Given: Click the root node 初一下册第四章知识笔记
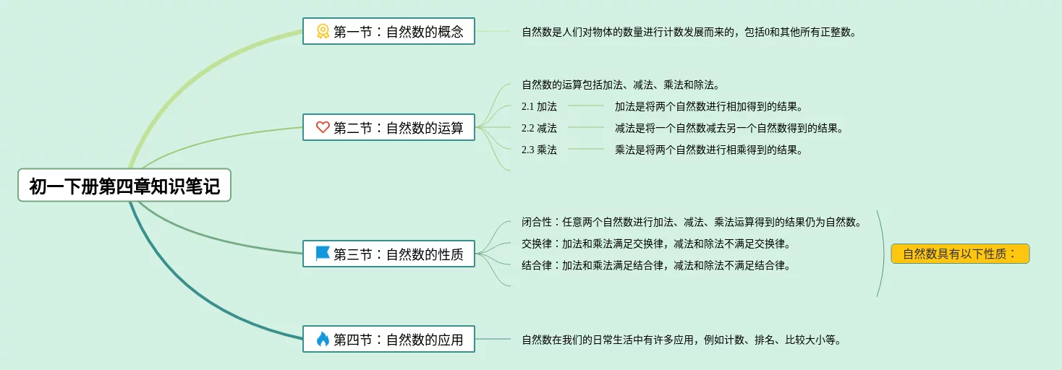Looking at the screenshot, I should (x=124, y=186).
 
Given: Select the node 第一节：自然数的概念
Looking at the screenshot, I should (x=388, y=31).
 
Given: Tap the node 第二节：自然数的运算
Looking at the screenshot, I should (x=388, y=127).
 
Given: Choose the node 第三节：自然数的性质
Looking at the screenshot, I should (x=388, y=254).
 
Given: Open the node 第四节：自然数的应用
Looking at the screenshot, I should (x=388, y=338).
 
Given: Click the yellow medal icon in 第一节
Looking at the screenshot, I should (x=323, y=31).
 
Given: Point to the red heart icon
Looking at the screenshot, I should (x=323, y=127).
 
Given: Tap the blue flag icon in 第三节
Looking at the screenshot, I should (x=323, y=254).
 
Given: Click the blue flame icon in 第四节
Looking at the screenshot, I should (x=323, y=338).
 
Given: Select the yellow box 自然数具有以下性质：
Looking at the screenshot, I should (x=959, y=254).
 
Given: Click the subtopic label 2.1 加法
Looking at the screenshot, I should (x=539, y=106).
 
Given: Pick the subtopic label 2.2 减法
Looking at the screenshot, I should (x=539, y=128).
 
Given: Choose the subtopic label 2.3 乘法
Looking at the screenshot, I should (x=539, y=150).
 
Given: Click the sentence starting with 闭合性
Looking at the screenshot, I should (x=691, y=222).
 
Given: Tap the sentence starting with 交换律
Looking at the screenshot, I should (x=655, y=244).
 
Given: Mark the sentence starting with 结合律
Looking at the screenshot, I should (x=655, y=265).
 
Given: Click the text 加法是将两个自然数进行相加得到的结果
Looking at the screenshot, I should (x=708, y=106).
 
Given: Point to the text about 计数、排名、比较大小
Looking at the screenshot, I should (x=681, y=339).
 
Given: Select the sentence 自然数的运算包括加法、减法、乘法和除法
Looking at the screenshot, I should (x=620, y=85).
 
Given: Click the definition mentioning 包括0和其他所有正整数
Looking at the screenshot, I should (x=689, y=32).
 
